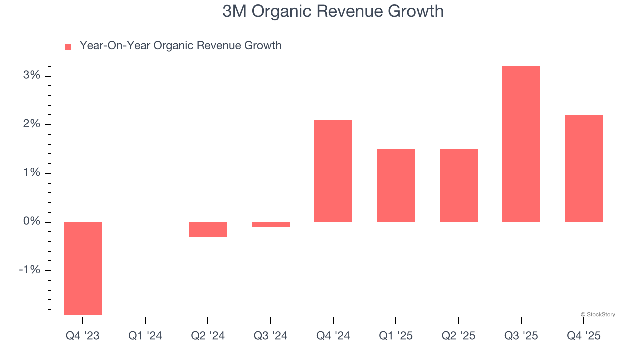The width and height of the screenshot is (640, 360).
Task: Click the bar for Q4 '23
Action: coord(83,268)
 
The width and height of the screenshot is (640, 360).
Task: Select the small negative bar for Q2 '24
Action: coord(208,229)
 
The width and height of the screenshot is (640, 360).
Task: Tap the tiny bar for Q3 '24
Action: coord(270,224)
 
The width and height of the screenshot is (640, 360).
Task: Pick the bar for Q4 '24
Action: coord(333,171)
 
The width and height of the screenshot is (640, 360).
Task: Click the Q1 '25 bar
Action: coord(396,186)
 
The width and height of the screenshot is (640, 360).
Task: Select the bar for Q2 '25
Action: coord(458,186)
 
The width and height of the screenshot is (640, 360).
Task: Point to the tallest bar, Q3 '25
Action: coord(521,144)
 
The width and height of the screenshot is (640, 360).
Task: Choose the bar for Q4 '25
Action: coord(583,168)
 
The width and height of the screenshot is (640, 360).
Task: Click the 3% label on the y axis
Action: coord(31,75)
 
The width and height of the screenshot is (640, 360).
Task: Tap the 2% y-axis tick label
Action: coord(31,124)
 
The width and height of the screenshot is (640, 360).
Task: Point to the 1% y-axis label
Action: coord(31,173)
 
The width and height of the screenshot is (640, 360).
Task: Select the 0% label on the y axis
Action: coord(31,221)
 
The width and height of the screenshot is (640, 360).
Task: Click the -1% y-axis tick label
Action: coord(29,270)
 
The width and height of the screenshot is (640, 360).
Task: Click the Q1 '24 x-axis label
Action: coord(145,336)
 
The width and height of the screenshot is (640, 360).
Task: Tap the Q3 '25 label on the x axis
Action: coord(521,336)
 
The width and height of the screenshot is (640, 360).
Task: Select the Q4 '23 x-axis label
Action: coord(83,336)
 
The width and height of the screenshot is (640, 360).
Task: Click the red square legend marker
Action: coord(68,46)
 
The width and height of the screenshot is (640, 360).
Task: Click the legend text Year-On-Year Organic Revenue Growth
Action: coord(180,46)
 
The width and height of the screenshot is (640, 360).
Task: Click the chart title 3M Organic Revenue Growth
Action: coord(333,11)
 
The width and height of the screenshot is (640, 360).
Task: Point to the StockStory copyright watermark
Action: coord(598,314)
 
